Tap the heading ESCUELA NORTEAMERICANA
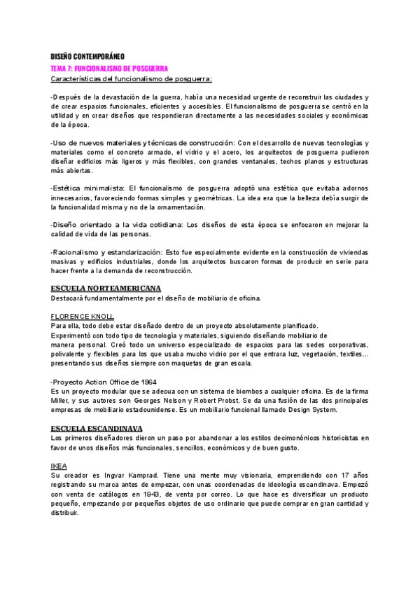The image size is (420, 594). (106, 289)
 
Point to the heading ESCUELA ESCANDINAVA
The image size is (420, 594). (97, 427)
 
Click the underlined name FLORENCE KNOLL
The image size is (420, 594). (82, 316)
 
